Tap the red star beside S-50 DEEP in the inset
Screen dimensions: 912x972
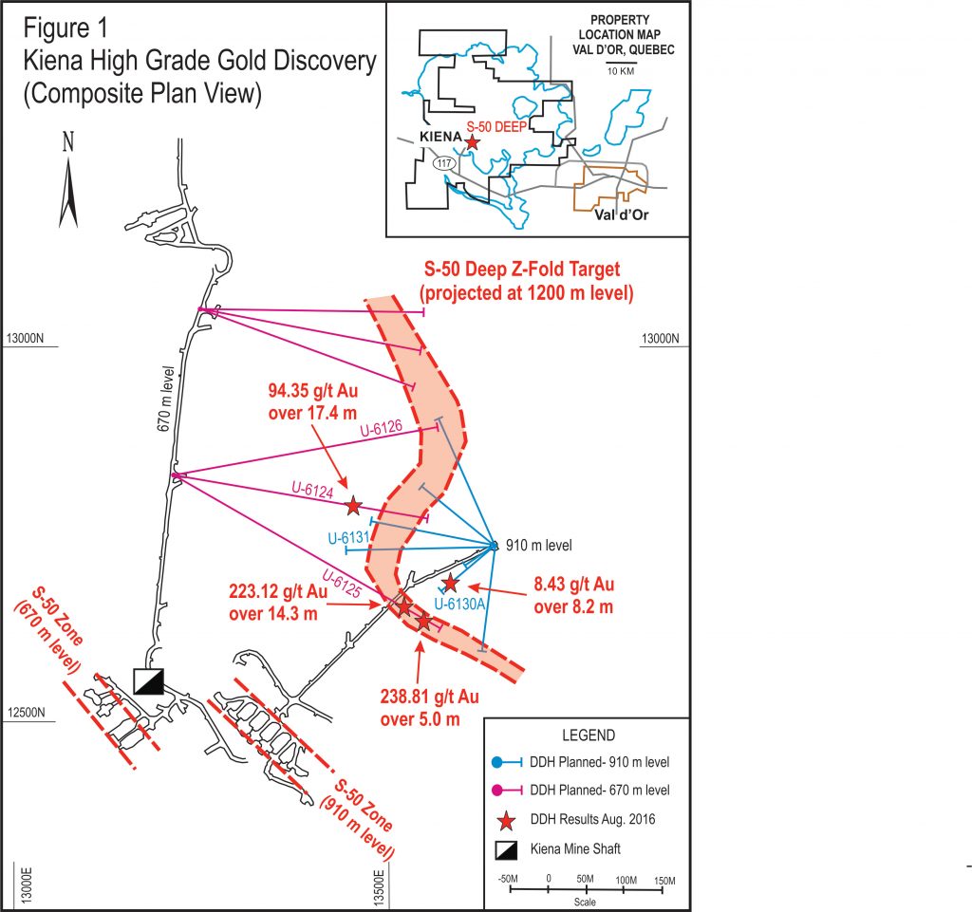tap(473, 141)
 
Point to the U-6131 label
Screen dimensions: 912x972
tap(348, 538)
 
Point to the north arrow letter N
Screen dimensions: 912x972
tap(67, 142)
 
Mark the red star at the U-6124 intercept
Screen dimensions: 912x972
tap(354, 505)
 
